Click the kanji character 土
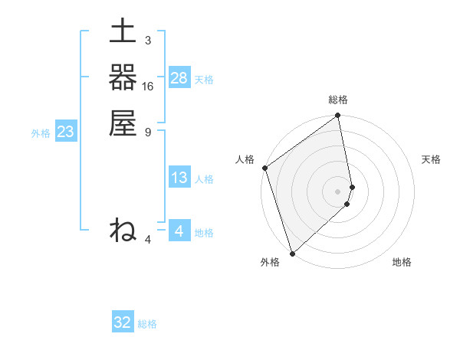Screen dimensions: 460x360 click(123, 33)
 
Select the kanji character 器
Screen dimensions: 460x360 click(123, 77)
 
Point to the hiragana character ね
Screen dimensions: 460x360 click(123, 230)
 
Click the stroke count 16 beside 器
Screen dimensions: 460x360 click(148, 87)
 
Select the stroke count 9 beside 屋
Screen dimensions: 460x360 click(147, 132)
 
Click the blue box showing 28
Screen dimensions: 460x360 click(179, 77)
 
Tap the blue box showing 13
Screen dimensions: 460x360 click(179, 178)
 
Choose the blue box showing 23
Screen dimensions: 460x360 click(66, 133)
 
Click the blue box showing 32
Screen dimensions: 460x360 click(123, 322)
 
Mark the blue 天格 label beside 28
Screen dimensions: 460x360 click(204, 79)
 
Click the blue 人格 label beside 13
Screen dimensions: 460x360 click(204, 179)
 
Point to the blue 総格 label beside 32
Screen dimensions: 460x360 click(147, 324)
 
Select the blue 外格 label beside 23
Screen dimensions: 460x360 click(41, 133)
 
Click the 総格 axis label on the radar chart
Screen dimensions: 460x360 click(338, 100)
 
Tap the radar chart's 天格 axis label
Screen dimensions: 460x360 click(432, 159)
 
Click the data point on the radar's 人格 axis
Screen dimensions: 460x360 click(264, 168)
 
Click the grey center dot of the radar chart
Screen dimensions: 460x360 click(338, 191)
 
